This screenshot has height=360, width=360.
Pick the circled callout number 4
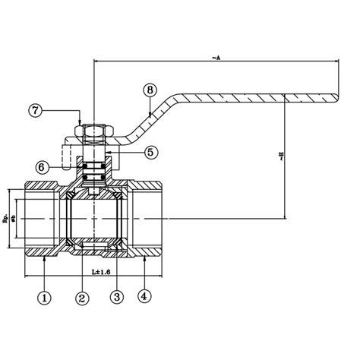(x=144, y=296)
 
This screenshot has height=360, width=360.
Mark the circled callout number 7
(x=36, y=109)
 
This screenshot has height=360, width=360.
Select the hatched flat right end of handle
(x=308, y=96)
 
